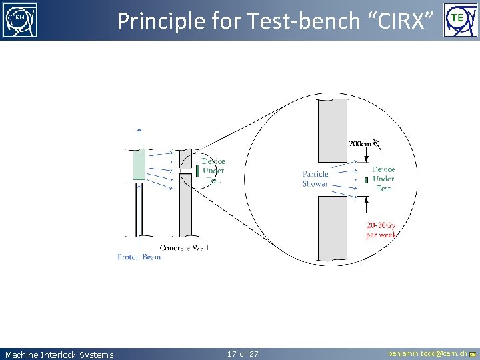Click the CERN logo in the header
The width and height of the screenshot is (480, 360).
tap(21, 20)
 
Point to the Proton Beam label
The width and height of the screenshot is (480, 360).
tap(139, 257)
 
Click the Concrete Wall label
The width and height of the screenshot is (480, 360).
tap(184, 247)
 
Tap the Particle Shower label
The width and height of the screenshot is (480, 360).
tap(315, 179)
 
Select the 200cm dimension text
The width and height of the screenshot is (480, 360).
tap(360, 143)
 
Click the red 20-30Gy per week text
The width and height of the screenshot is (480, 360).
tap(381, 229)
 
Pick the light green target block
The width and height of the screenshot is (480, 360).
tap(139, 165)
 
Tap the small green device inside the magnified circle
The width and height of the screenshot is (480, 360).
tap(366, 180)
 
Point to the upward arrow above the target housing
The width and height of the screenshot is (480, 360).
tap(139, 134)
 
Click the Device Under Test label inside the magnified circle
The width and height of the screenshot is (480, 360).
tap(383, 179)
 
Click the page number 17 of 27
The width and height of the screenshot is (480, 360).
tap(243, 353)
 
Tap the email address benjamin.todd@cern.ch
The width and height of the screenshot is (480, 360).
tap(427, 353)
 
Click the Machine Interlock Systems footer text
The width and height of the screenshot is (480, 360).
tap(59, 355)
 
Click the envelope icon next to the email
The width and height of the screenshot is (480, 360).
tap(473, 354)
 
